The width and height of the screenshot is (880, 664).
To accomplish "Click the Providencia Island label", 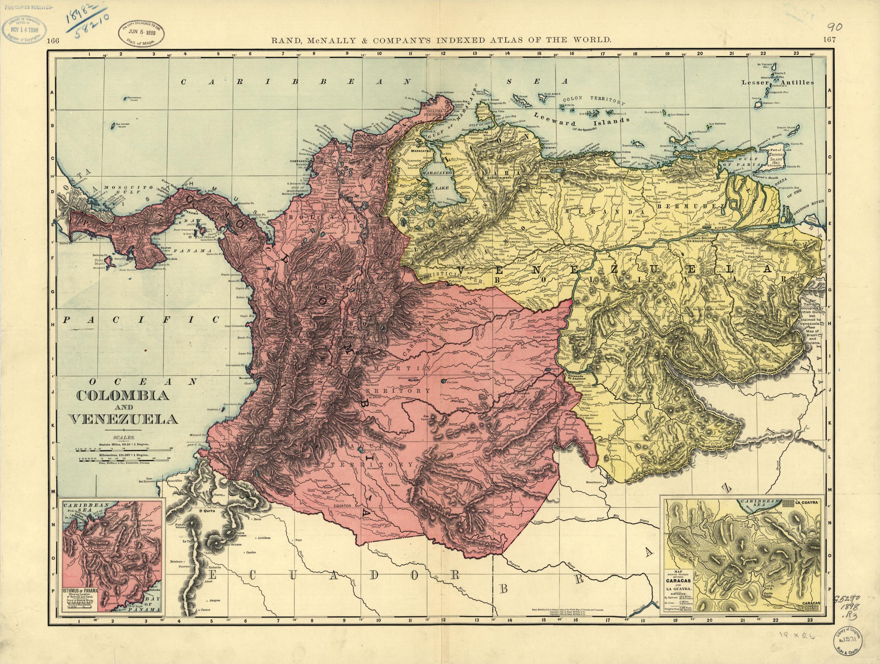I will pyautogui.click(x=133, y=98).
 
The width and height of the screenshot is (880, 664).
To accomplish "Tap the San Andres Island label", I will pyautogui.click(x=119, y=127).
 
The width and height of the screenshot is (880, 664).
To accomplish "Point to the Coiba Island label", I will pyautogui.click(x=100, y=262).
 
